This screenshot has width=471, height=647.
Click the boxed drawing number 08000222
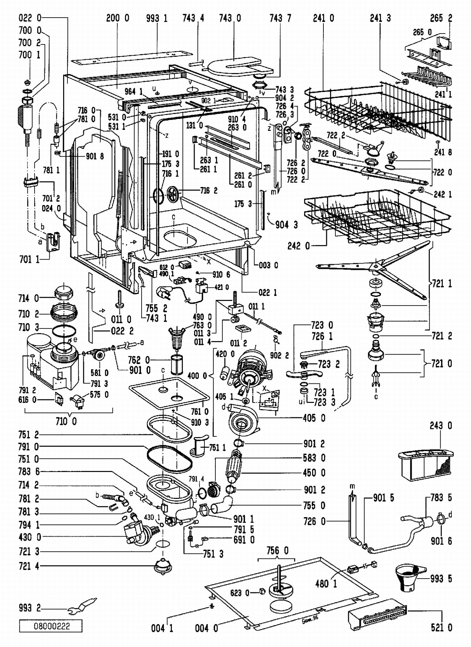coord(51,626)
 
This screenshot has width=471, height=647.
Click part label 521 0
coord(441,627)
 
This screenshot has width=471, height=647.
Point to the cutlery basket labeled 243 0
coord(425,465)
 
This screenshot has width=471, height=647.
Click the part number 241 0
coord(323,18)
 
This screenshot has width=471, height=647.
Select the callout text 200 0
coord(117,18)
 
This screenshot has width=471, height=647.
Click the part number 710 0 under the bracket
coord(66,421)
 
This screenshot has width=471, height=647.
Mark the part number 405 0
coord(314,418)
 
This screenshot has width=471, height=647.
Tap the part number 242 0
coord(299,246)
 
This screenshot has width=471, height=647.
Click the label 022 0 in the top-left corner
coord(30,18)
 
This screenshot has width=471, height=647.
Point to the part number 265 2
coord(441,18)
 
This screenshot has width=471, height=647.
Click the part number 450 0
coord(314,473)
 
